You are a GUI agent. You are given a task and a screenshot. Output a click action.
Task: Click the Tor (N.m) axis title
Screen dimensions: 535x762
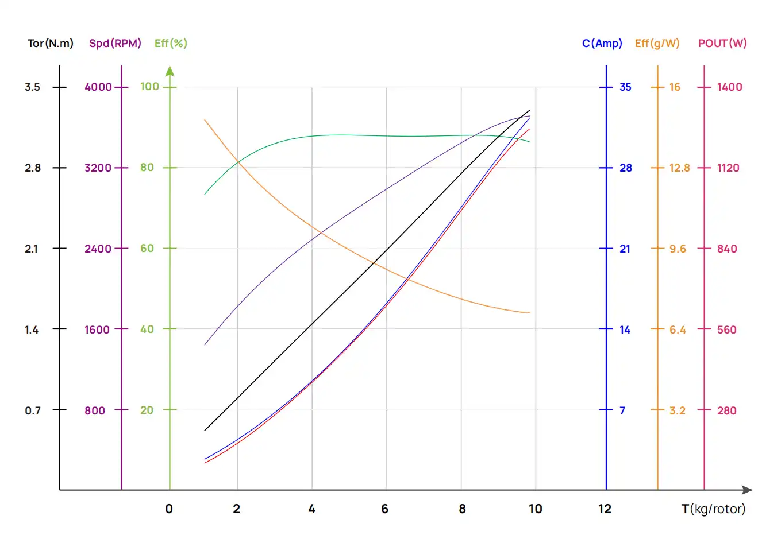tap(51, 44)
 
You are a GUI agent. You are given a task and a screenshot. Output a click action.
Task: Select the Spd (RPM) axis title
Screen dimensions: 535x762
tap(115, 44)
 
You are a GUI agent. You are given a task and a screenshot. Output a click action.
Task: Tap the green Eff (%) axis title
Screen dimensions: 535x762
tap(171, 44)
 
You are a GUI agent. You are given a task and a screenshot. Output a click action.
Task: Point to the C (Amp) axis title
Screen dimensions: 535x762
tap(602, 44)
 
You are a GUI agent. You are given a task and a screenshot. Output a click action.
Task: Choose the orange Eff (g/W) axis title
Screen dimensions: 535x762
tap(657, 44)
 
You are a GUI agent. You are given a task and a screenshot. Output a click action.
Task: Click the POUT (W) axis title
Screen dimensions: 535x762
tap(722, 44)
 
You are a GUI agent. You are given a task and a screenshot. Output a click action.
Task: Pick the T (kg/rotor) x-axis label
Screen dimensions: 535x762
tap(713, 509)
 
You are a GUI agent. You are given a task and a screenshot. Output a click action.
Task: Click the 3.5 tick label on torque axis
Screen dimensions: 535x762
tap(32, 87)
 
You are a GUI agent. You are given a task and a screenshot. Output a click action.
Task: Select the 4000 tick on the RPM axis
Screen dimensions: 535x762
tap(98, 87)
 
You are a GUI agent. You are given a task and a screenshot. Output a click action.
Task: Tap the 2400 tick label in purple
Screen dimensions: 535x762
tap(98, 249)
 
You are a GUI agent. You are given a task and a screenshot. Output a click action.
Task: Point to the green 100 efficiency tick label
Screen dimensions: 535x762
tap(149, 87)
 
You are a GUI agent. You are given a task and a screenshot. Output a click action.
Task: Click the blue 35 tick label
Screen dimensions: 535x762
tap(625, 87)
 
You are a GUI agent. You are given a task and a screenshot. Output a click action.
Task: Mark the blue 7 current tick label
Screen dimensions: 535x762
tap(622, 410)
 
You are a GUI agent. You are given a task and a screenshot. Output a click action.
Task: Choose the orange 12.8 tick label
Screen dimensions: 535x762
tap(679, 168)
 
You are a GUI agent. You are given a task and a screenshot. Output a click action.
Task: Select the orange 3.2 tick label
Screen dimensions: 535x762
tap(677, 410)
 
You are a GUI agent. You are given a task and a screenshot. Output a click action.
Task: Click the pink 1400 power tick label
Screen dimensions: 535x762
tap(729, 87)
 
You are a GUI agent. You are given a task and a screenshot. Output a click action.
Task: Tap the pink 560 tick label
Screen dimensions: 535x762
tap(726, 330)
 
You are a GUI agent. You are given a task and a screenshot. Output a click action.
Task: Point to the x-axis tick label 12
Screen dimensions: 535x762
tap(605, 509)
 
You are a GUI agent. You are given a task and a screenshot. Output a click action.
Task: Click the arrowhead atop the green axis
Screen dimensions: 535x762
tap(170, 71)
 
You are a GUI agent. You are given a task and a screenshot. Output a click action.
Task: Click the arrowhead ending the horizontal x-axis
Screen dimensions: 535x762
tap(747, 490)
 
